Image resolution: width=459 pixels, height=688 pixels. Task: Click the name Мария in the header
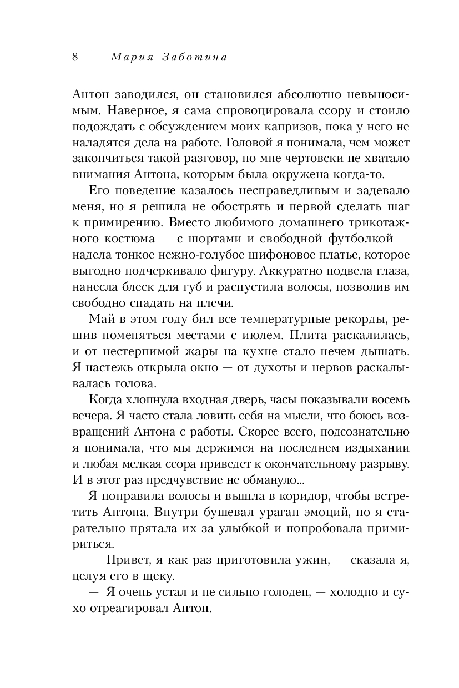point(130,58)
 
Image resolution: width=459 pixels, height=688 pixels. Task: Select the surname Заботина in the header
point(196,58)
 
